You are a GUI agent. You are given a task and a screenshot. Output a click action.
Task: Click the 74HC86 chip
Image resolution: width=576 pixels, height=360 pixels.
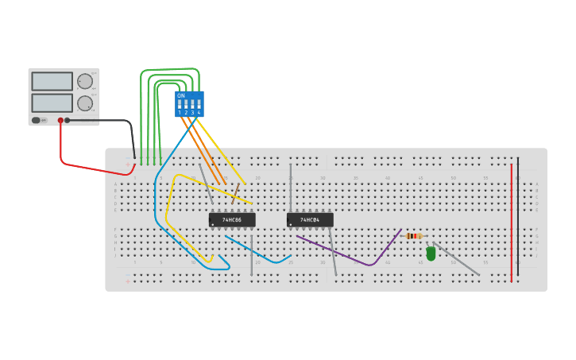coord(232,219)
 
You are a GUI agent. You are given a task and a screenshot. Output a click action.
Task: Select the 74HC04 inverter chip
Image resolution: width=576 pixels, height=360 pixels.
coord(310,219)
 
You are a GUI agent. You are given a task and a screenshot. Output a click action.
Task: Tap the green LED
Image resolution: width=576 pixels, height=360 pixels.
coord(431,254)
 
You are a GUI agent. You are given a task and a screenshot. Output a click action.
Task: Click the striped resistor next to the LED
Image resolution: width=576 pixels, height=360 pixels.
coord(413,236)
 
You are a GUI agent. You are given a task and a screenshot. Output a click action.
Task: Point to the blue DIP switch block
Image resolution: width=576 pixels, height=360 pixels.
coord(189,104)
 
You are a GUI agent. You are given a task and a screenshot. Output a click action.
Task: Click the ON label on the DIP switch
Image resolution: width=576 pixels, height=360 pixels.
coord(181,95)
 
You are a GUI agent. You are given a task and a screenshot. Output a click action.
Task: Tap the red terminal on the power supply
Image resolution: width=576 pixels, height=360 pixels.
coord(60,121)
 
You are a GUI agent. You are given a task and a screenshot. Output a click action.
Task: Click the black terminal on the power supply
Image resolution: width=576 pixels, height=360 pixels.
coord(68,121)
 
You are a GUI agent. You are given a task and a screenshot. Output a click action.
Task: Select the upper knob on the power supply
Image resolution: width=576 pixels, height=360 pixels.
coord(85,80)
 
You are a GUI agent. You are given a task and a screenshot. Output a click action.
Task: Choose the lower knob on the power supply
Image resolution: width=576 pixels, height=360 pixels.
coord(85,103)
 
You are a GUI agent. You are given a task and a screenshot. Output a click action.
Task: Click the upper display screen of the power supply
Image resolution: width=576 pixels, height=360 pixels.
coord(52,81)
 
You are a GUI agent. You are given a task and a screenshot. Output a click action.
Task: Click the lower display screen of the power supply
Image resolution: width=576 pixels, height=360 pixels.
coord(52,103)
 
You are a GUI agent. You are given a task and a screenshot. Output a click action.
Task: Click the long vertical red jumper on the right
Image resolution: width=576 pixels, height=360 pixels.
coord(512,223)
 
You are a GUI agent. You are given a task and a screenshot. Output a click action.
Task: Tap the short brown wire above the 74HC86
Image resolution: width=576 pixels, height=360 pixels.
coord(235,192)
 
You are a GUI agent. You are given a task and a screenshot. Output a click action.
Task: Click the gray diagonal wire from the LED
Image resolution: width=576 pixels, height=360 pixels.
coord(457,259)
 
